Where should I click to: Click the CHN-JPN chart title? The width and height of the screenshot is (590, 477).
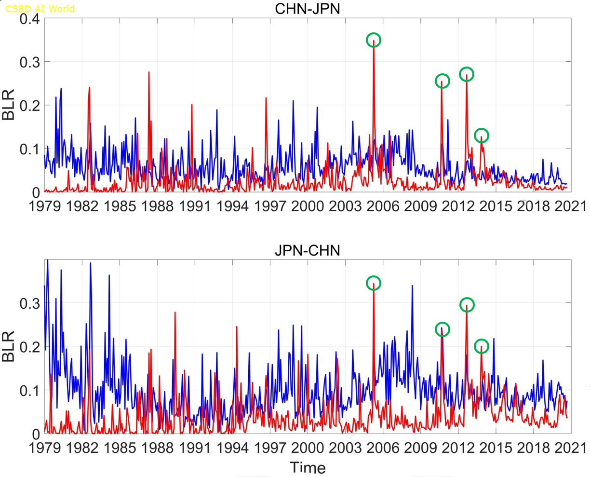point(308,9)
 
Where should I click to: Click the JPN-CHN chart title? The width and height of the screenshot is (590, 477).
point(308,250)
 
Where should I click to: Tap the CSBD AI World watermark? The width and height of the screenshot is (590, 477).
point(40,9)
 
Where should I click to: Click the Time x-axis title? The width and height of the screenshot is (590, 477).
point(308,467)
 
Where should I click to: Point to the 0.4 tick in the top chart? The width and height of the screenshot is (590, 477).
point(30,19)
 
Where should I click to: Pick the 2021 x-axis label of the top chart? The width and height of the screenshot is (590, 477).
point(571,206)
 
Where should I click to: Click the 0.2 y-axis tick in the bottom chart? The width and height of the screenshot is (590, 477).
point(30,346)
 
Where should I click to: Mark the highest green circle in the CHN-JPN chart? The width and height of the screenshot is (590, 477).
point(374,40)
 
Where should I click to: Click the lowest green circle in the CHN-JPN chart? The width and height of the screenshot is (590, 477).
point(481,136)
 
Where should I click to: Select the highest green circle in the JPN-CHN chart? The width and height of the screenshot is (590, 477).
point(374,283)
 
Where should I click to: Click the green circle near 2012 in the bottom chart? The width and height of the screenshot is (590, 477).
point(467,304)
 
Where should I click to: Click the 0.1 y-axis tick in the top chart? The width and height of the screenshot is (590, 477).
point(30,149)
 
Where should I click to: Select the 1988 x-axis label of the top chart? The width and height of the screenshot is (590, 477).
point(157,206)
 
